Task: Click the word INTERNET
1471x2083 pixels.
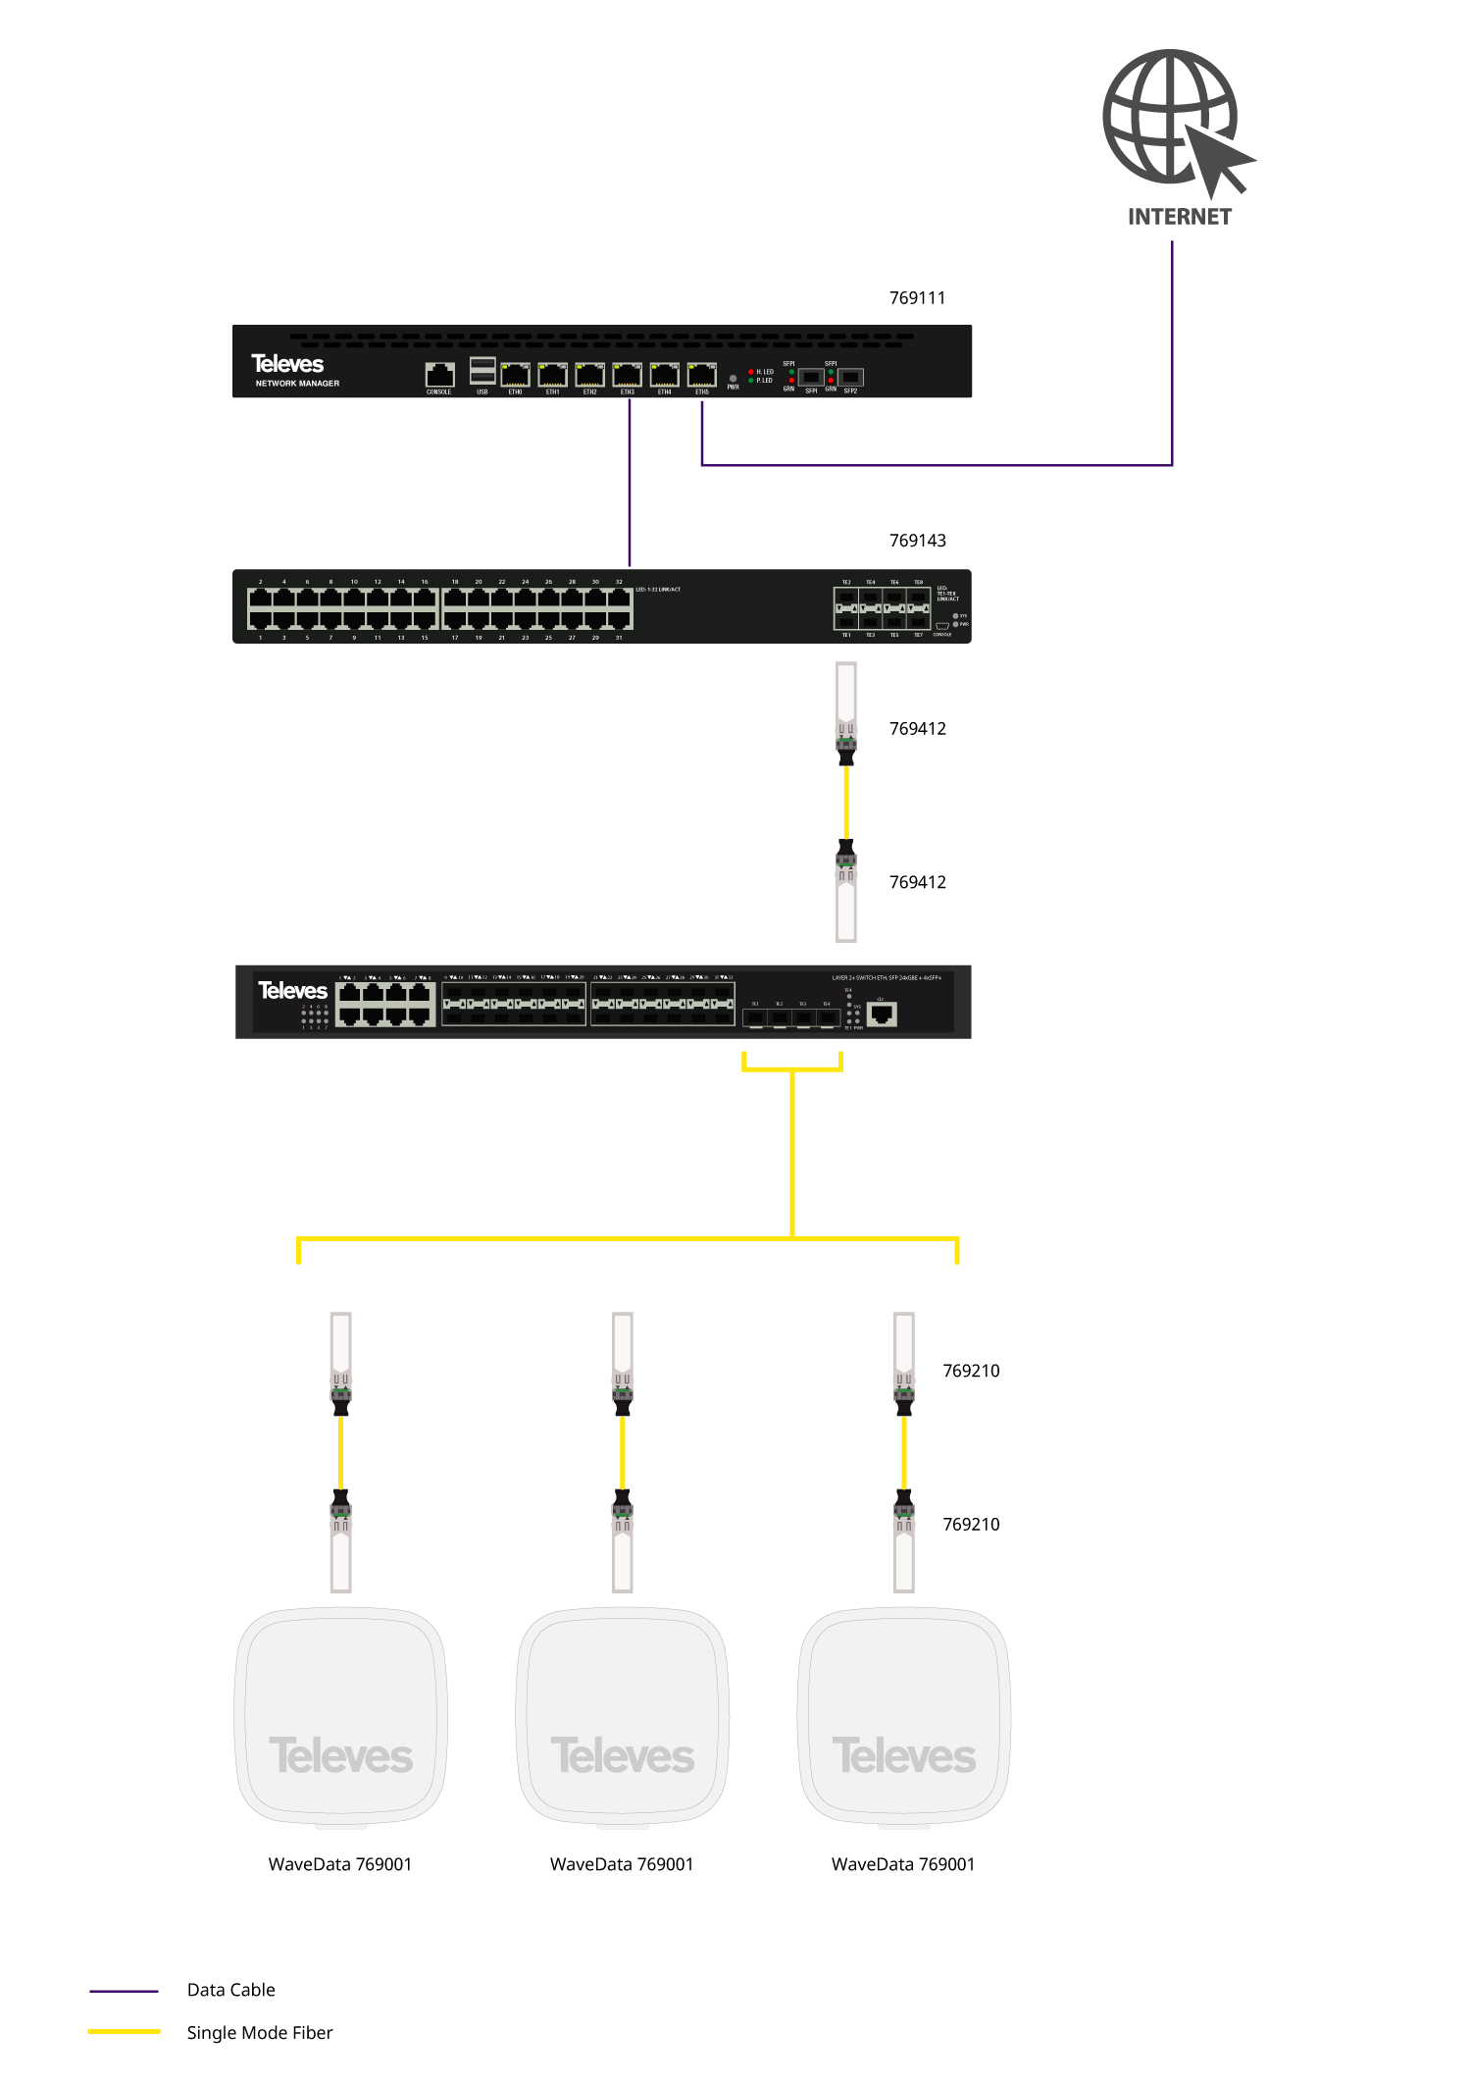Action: tap(1179, 217)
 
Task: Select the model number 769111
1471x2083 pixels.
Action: tap(917, 298)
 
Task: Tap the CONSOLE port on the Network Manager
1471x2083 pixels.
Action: tap(439, 375)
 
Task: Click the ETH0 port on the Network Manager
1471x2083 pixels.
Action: tap(515, 375)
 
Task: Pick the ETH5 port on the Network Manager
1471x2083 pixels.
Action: tap(701, 375)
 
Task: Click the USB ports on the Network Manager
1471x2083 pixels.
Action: tap(482, 371)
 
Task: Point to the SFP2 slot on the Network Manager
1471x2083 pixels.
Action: tap(850, 377)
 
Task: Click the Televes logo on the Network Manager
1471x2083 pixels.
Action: tap(287, 364)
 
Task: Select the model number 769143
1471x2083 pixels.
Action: tap(917, 541)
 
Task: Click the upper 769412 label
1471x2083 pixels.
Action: tap(917, 729)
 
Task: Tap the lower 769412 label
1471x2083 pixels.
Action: tap(917, 882)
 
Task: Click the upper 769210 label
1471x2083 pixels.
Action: tap(971, 1371)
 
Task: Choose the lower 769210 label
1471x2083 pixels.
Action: tap(971, 1524)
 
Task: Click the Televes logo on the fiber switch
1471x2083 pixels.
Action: tap(292, 991)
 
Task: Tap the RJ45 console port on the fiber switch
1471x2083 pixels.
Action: tap(882, 1015)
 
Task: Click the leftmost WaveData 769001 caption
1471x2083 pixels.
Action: tap(340, 1864)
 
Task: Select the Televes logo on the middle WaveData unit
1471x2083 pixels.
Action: tap(623, 1756)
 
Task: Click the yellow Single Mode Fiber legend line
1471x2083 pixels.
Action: tap(124, 2031)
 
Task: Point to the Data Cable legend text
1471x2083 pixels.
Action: tap(231, 1990)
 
